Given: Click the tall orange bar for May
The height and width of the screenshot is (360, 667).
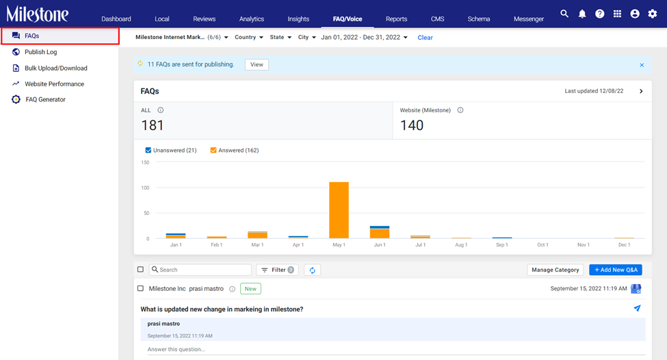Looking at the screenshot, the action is [x=339, y=210].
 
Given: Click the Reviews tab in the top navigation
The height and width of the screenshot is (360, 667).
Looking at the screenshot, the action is [x=204, y=18].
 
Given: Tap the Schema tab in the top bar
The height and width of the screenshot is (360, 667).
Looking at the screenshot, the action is [x=479, y=18].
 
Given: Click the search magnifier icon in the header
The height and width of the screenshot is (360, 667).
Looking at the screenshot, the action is [x=564, y=14].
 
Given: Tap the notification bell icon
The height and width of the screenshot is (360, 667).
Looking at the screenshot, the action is [x=582, y=14].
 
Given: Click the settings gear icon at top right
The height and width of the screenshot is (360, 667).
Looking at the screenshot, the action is [x=652, y=14].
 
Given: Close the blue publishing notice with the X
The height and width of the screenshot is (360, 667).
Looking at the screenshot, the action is [x=642, y=65].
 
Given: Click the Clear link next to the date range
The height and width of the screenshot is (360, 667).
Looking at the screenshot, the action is [x=425, y=38].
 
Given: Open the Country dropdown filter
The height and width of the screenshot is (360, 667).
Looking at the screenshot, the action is [x=249, y=38].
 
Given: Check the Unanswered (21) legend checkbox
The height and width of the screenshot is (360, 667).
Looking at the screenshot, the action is [x=148, y=150].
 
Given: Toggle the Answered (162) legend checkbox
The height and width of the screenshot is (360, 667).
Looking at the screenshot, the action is [x=213, y=150].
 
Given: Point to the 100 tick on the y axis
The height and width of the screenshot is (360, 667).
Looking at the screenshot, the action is [x=145, y=188].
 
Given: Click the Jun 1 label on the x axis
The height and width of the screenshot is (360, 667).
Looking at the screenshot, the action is [x=380, y=245].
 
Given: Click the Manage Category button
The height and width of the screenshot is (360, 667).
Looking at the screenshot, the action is [x=555, y=270].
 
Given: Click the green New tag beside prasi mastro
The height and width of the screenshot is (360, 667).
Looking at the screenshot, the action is [x=250, y=289].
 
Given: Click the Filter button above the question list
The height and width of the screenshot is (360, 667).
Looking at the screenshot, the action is [x=277, y=270].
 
